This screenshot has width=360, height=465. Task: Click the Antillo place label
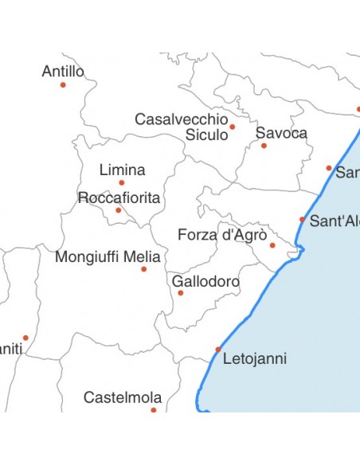[63, 72]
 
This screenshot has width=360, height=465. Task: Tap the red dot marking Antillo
[63, 84]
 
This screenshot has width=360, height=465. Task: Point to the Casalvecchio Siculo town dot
[233, 127]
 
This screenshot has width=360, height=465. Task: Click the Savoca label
[281, 133]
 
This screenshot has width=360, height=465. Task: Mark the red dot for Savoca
[264, 146]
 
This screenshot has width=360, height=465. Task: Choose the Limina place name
[122, 170]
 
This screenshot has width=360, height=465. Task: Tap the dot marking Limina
[122, 183]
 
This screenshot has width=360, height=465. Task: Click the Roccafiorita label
[119, 197]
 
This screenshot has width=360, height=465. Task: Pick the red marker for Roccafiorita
[119, 210]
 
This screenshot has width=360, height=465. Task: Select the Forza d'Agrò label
[216, 235]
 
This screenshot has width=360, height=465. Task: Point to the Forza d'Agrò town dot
[272, 245]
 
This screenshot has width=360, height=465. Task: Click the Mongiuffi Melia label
[108, 257]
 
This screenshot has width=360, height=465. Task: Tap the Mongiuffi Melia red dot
[143, 269]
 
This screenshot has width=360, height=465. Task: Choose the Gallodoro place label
[205, 282]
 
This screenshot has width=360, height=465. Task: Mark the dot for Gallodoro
[180, 293]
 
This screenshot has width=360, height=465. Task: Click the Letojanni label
[254, 358]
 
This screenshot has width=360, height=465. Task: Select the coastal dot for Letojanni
[218, 350]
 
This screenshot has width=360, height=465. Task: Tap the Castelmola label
[123, 397]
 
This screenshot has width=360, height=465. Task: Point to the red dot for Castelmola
[154, 410]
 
